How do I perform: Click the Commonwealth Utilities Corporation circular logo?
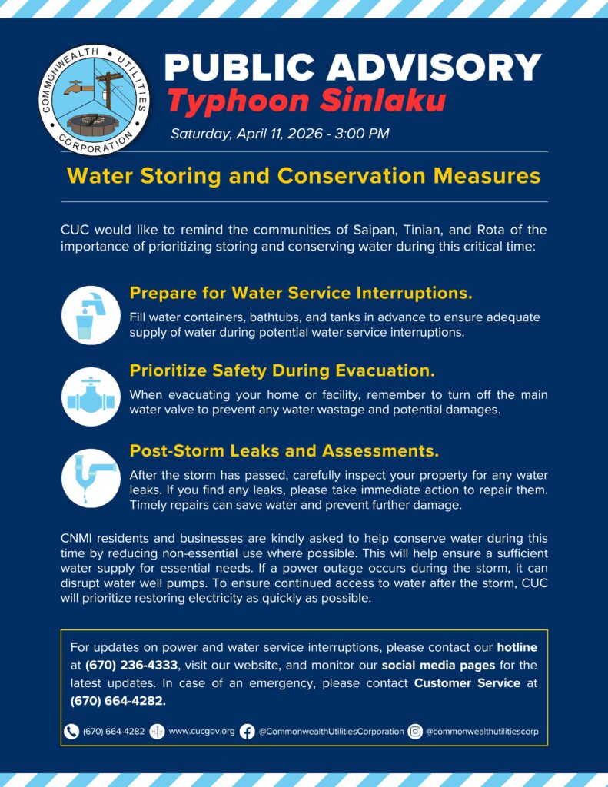click(94, 99)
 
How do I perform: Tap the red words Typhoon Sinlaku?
click(305, 101)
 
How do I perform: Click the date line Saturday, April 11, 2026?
click(280, 134)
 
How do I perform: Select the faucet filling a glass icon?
click(91, 314)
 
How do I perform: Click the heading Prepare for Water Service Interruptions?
click(301, 293)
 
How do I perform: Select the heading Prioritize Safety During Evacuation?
click(282, 370)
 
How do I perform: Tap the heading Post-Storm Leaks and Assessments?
click(284, 450)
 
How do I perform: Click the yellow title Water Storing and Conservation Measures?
click(304, 176)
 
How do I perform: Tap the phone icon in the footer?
click(71, 732)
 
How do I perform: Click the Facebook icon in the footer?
click(247, 732)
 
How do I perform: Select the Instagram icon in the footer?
click(415, 732)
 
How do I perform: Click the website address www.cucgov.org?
click(201, 732)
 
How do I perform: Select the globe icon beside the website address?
click(157, 732)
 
